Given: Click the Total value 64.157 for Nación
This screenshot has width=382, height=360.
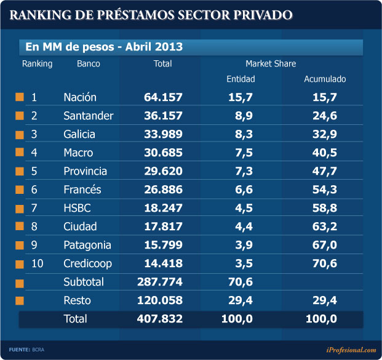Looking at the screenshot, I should click(x=162, y=97).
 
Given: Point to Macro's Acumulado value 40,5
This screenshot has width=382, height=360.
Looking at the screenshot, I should click(x=325, y=153).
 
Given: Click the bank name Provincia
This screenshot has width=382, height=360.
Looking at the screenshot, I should click(x=85, y=171).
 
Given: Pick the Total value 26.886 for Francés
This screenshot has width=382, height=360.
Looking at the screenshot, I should click(x=162, y=190).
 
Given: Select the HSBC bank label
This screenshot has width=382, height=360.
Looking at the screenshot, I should click(x=76, y=208).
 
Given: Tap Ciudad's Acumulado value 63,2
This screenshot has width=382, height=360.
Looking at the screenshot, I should click(x=325, y=226).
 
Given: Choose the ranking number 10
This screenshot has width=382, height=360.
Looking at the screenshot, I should click(x=37, y=263).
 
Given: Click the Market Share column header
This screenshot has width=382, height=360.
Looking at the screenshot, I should click(x=271, y=63).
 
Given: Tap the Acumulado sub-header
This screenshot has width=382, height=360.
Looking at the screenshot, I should click(x=325, y=79).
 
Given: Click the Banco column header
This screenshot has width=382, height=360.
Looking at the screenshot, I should click(x=89, y=63).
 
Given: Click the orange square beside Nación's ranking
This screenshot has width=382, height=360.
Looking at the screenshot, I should click(x=20, y=97).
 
